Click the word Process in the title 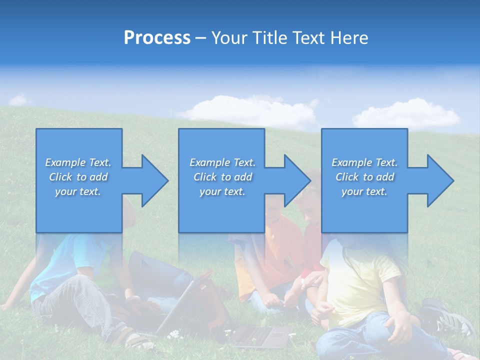(x=157, y=38)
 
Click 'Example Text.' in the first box (x=78, y=162)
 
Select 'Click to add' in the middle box (x=222, y=177)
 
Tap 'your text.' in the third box (x=364, y=191)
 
